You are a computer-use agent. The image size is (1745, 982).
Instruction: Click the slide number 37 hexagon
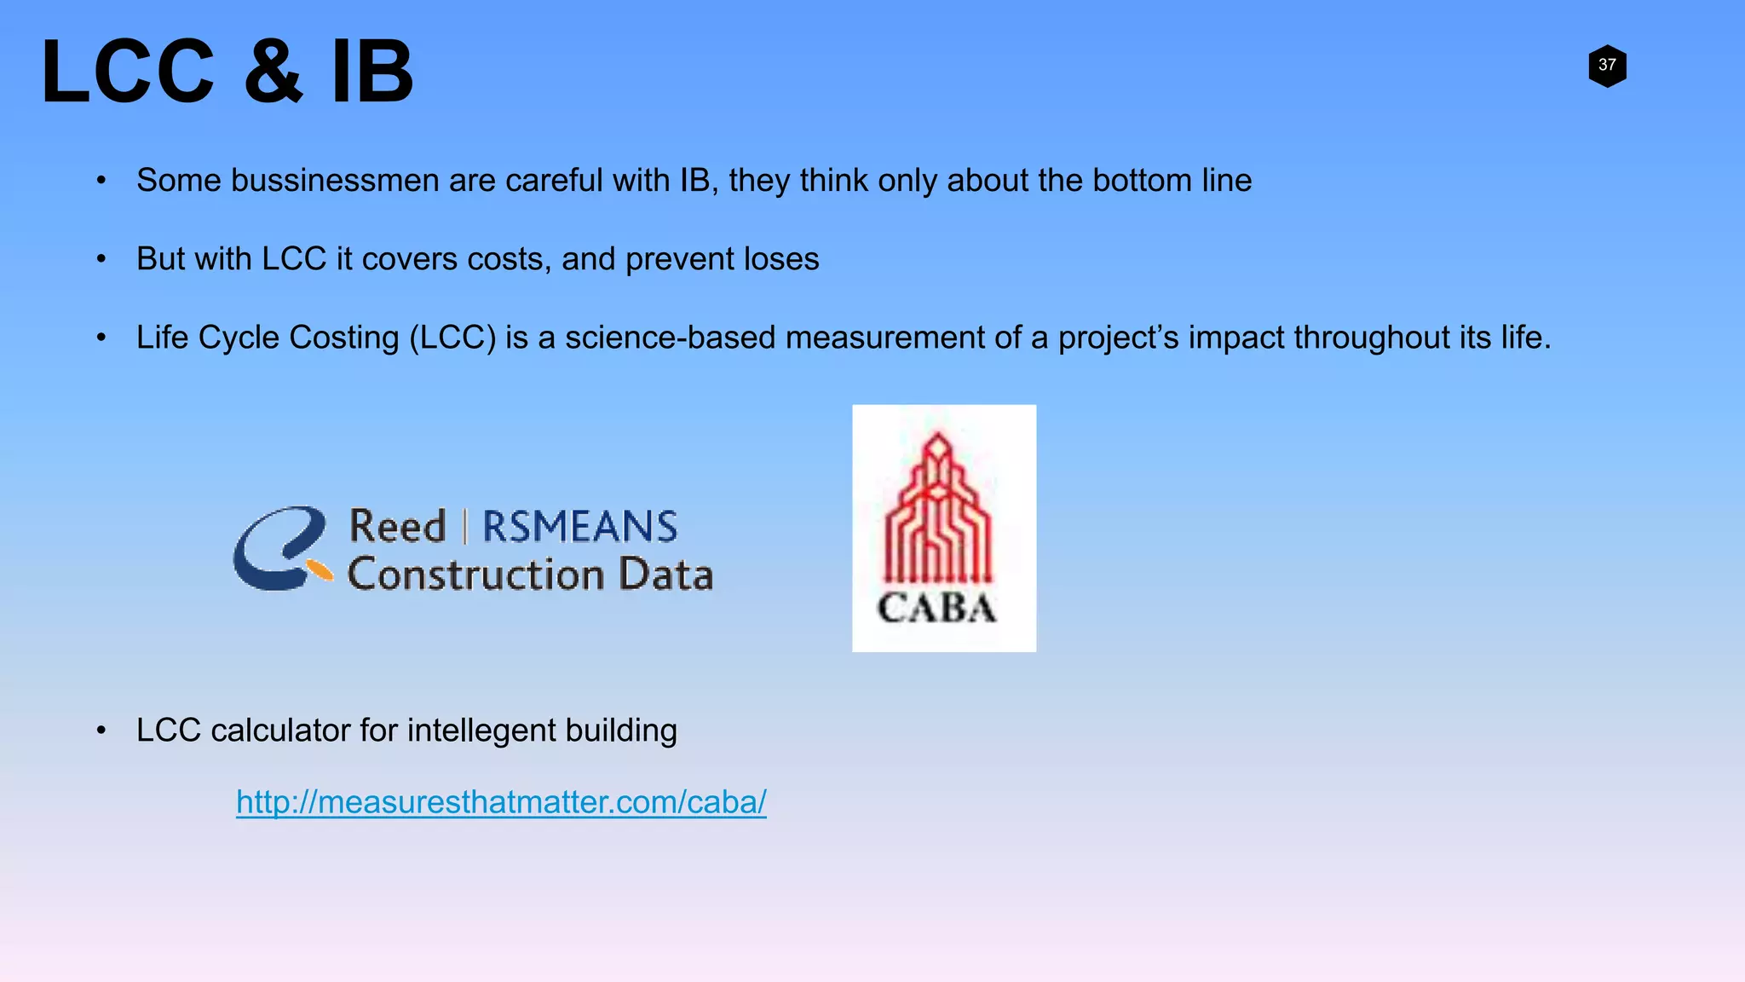pos(1607,66)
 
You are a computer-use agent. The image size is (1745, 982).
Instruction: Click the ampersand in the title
pos(274,73)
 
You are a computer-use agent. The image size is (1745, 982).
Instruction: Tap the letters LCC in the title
pos(128,73)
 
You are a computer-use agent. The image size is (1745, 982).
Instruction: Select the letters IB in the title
pos(372,73)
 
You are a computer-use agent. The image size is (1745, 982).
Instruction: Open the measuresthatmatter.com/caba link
pos(501,802)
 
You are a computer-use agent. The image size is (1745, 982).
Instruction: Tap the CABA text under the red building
pos(937,609)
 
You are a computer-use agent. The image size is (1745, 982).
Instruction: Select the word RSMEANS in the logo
pos(580,527)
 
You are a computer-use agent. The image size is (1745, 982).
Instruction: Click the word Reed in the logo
pos(397,527)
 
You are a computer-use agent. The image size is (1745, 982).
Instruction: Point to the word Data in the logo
pos(665,575)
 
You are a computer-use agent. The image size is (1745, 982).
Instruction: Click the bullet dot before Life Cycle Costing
pos(101,338)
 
